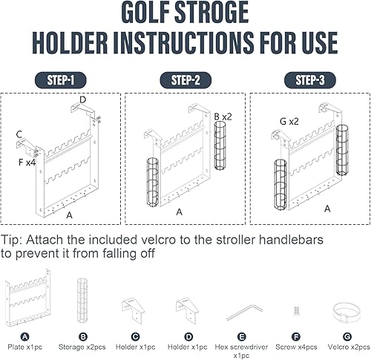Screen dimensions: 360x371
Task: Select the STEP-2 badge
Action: (185, 80)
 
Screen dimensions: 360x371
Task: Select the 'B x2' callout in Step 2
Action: (223, 117)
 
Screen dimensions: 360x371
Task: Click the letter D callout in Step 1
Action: (82, 99)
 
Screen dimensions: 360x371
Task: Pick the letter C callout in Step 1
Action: (19, 134)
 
